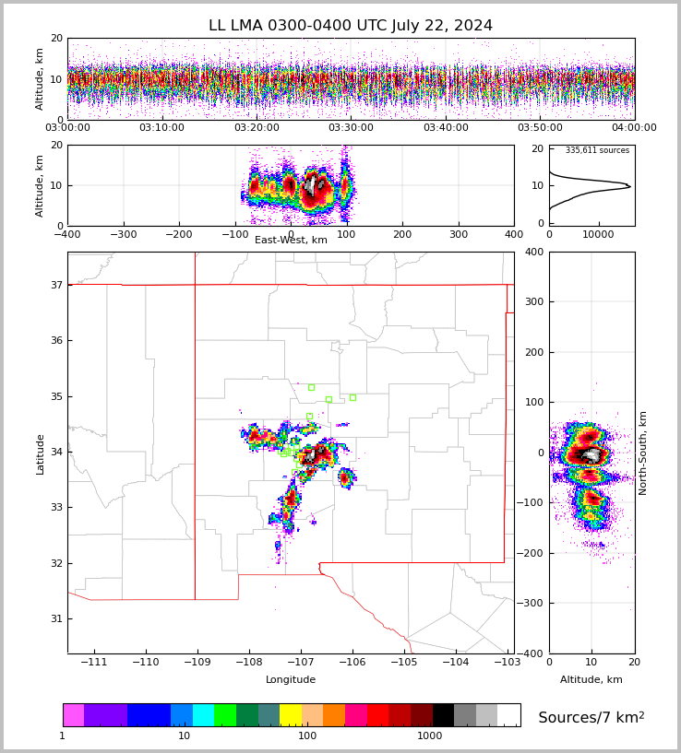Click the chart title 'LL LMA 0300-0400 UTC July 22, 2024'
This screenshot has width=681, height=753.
pos(351,26)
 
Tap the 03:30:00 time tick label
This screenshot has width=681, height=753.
pos(351,128)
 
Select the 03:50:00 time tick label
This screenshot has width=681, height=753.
pos(540,128)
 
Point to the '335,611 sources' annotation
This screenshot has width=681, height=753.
pos(597,150)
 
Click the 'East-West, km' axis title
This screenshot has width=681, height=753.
pos(291,241)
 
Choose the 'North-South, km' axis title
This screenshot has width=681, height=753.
pos(643,453)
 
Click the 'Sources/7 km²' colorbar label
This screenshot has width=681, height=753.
pos(591,717)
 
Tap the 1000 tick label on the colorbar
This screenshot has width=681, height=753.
pos(430,735)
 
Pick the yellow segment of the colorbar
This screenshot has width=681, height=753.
pos(290,715)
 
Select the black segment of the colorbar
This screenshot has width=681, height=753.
pos(443,715)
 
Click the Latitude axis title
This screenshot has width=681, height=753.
pos(41,453)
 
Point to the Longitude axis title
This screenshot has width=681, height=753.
pos(291,680)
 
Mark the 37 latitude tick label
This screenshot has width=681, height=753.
pos(55,285)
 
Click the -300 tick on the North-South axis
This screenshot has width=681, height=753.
pos(533,603)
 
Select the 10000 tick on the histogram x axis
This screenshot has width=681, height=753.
pos(598,234)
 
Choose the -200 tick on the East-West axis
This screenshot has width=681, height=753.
pos(178,234)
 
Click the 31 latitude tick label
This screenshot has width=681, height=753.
pos(55,618)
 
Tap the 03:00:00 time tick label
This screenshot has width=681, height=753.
pos(67,128)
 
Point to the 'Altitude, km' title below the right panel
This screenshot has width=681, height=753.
pos(591,680)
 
